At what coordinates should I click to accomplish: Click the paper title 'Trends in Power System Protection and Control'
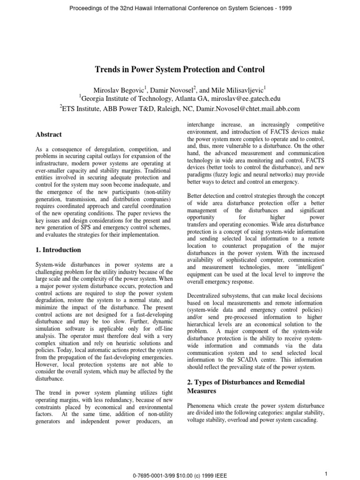[180, 69]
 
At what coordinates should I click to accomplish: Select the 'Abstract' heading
[49, 135]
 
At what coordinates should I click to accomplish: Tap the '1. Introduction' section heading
[58, 250]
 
